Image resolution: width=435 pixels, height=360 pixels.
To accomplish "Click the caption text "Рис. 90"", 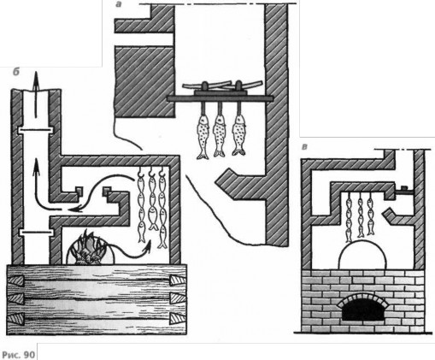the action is [x=19, y=355].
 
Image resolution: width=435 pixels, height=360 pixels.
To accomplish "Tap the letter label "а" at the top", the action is [x=119, y=4].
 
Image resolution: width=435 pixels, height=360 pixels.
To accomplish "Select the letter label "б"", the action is [x=16, y=72].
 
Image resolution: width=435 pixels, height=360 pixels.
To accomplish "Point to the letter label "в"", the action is [x=305, y=147].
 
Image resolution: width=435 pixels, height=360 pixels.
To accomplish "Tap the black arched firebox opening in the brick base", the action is [x=362, y=310].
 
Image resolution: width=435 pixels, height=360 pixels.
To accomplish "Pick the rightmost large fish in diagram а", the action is [x=238, y=134].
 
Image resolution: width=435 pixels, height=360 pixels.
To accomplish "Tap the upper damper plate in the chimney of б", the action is [x=35, y=130].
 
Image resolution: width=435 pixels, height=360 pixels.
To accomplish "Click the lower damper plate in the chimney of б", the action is [x=36, y=233].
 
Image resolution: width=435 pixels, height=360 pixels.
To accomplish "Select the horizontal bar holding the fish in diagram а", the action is [x=220, y=98].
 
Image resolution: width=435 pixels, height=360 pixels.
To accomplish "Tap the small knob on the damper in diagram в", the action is [x=405, y=187].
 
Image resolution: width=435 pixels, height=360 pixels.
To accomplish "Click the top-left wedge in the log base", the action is [x=15, y=281].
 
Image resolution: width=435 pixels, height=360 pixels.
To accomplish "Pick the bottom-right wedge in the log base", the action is [x=178, y=318].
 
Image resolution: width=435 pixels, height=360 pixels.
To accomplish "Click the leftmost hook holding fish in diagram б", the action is [x=140, y=171].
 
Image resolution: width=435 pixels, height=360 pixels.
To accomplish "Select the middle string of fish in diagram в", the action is [x=361, y=215].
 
